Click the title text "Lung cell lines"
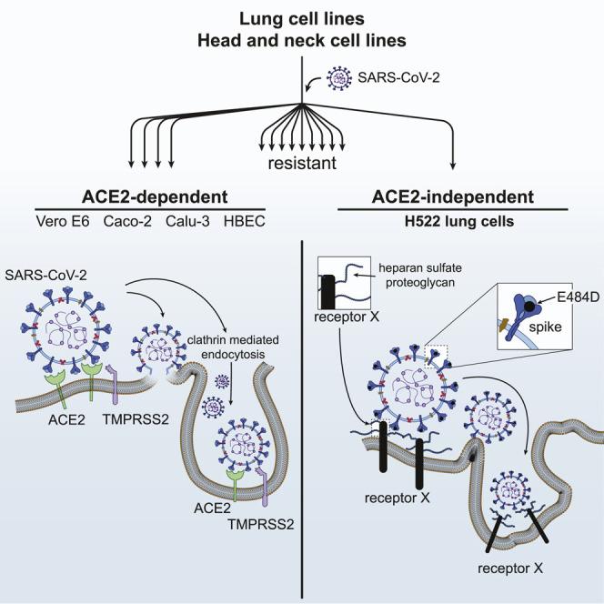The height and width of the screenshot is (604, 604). tap(301, 18)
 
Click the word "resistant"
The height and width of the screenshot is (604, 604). tap(302, 165)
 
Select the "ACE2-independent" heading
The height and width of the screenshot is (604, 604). tap(452, 199)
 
